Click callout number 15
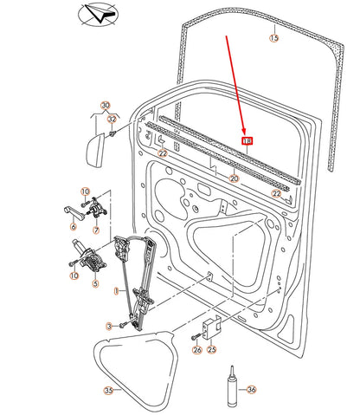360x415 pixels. (274, 38)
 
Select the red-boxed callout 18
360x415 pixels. (247, 141)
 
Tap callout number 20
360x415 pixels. (234, 178)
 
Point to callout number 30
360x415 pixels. (106, 105)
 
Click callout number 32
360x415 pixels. (112, 119)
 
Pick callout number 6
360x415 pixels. (74, 226)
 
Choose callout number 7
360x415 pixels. (96, 230)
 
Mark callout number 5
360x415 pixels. (95, 283)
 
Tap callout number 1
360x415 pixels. (116, 291)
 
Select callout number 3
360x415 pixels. (109, 327)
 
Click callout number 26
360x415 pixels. (197, 350)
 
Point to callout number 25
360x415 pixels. (212, 349)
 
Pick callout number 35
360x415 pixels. (108, 391)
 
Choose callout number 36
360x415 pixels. (252, 390)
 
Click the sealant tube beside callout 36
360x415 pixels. (231, 387)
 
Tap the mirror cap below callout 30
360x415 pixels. (95, 150)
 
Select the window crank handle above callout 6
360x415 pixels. (74, 212)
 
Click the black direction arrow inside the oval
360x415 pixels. (102, 14)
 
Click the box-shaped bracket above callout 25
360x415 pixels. (212, 327)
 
